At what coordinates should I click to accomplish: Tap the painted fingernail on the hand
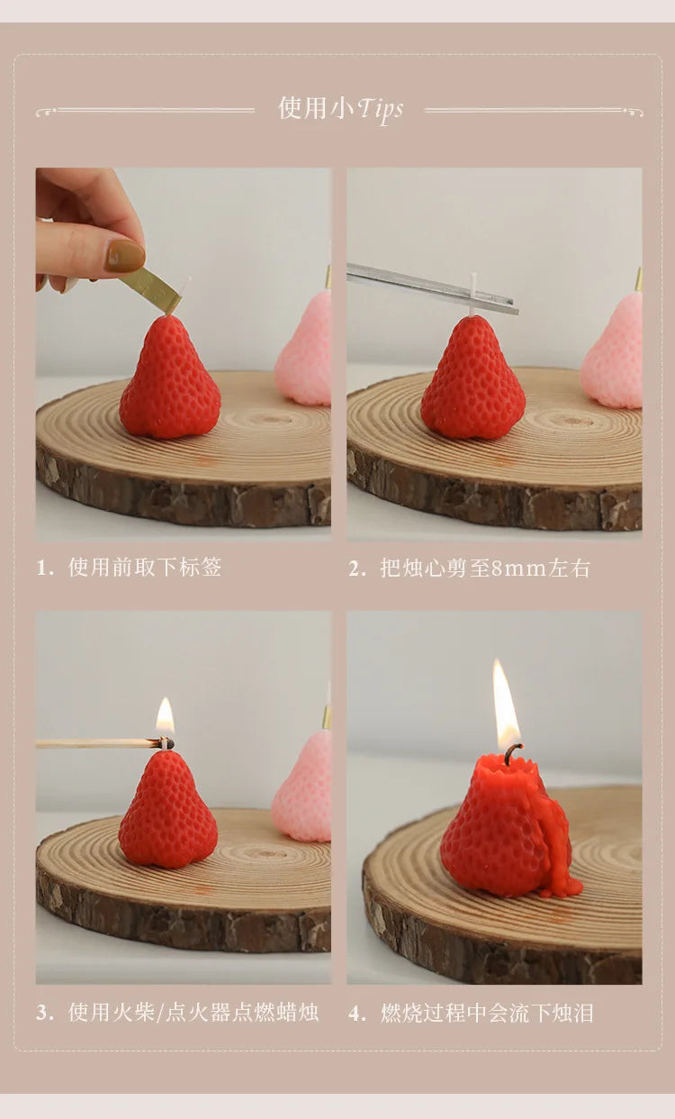[125, 256]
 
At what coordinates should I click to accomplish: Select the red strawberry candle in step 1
[169, 380]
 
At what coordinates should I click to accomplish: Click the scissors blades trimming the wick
[432, 288]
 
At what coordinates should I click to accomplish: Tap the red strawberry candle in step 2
[473, 380]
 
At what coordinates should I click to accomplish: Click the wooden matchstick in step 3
[99, 744]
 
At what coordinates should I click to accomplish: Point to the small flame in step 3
[166, 718]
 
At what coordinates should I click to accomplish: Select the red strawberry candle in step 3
[167, 811]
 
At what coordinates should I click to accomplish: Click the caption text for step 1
[145, 568]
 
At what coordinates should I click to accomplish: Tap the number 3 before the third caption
[41, 1013]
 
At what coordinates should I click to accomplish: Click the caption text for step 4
[487, 1013]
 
